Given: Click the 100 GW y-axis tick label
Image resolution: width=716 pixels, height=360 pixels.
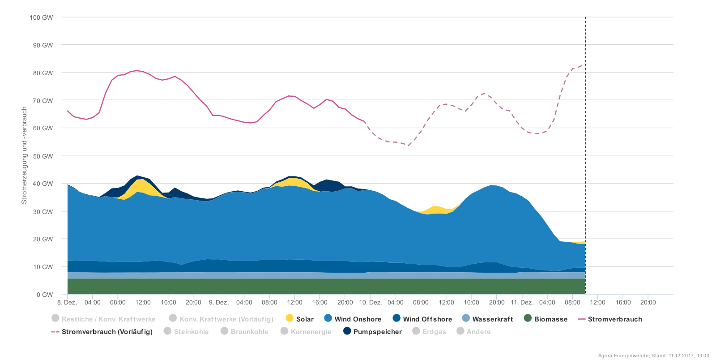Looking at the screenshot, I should coord(41,17).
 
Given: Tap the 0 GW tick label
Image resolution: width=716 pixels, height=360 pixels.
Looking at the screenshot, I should coord(45,295).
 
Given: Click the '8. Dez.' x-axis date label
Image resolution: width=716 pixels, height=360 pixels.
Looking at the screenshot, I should coord(68,302).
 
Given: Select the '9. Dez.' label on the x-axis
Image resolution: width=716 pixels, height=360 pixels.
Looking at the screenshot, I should coord(219,302).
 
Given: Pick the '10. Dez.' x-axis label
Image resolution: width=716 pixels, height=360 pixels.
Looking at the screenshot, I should coord(371,302).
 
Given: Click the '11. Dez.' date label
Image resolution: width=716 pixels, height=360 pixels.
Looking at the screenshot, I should coord(522,302).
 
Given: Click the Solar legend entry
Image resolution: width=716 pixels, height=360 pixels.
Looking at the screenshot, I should coord(299,319).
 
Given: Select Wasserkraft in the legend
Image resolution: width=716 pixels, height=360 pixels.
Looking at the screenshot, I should coord(487,319).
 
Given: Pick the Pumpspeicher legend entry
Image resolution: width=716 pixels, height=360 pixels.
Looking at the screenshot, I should coord(372,331).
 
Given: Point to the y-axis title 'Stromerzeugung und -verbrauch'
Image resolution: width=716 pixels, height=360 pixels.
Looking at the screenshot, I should coord(25,155).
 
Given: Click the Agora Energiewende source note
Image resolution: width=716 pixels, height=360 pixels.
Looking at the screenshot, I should coord(653,356).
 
